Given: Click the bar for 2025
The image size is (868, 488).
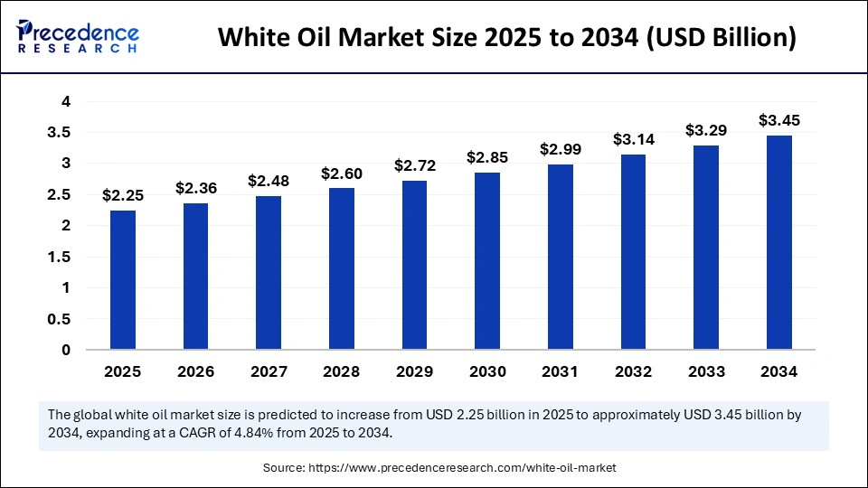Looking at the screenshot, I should coord(123,279).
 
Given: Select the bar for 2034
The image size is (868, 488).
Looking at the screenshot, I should coord(779,242).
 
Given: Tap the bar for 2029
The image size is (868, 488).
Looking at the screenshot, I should coord(414,265).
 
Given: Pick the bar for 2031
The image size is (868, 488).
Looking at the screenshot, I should coord(561,257).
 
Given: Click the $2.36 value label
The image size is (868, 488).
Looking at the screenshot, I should coord(195,188).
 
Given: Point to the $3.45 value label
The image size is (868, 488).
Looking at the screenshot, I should coord(779,120).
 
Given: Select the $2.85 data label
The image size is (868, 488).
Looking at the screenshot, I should coord(487,157).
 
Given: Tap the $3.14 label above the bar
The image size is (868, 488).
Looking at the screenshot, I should coord(634,139).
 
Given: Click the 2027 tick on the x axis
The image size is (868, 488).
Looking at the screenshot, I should coord(269,371).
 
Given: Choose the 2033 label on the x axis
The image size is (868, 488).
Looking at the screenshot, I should coord(706,371).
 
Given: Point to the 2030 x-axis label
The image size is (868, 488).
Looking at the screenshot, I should coord(487,371).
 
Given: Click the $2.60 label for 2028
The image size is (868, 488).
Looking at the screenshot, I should coord(341,173).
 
